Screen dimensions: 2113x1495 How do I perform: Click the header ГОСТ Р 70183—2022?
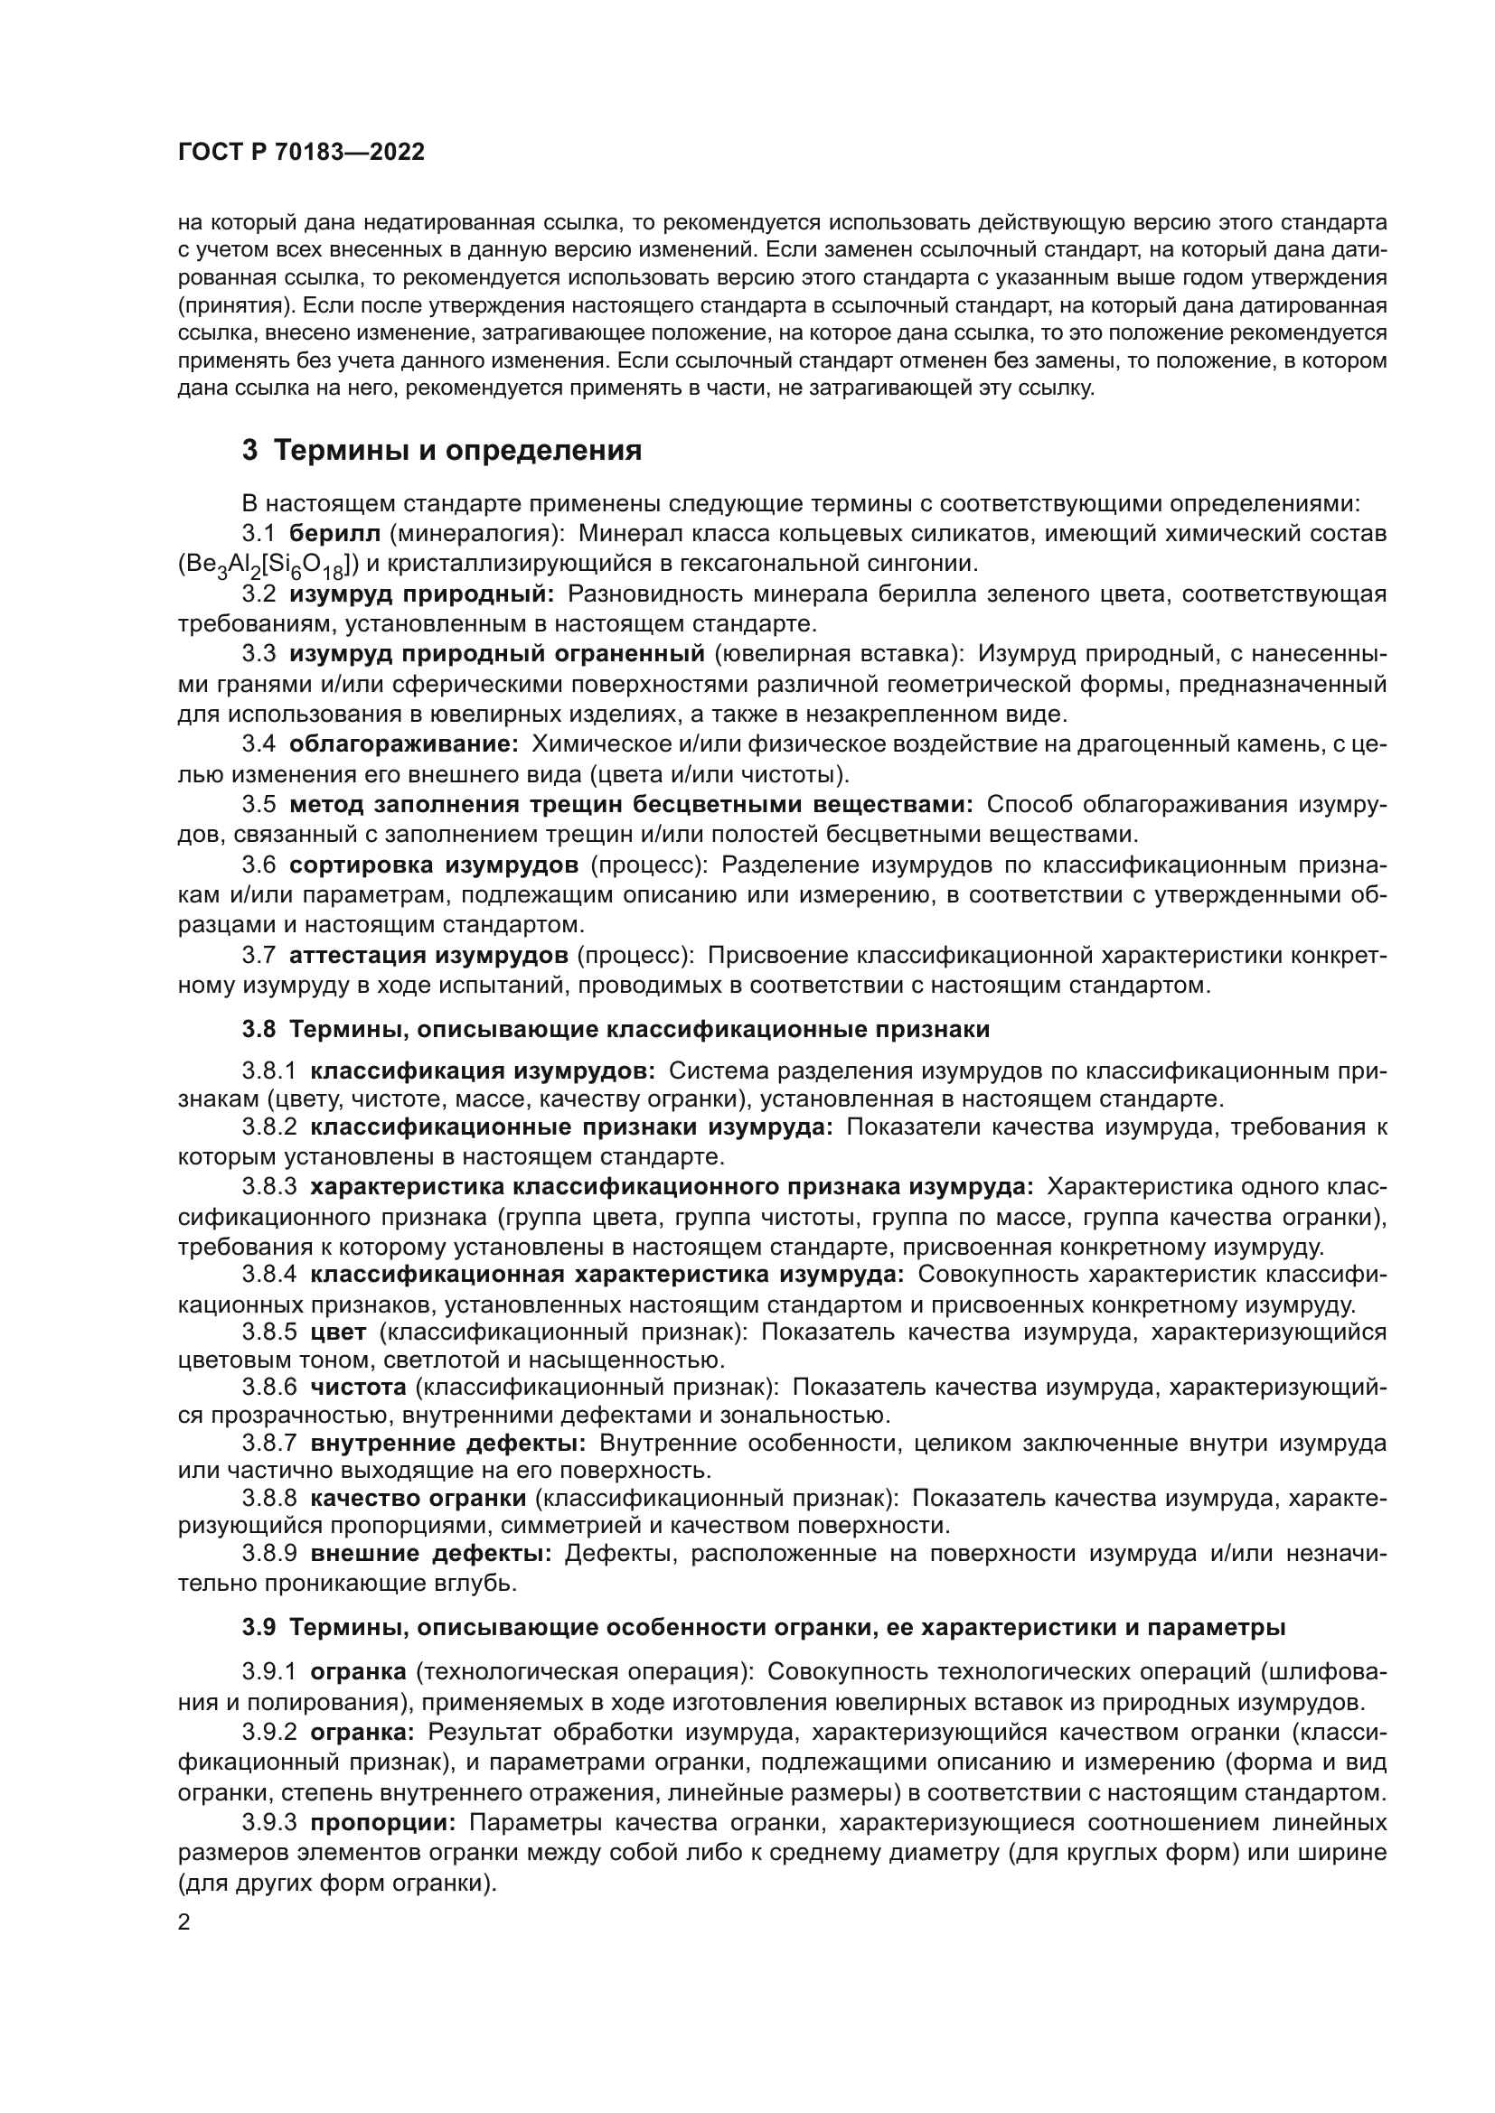point(301,153)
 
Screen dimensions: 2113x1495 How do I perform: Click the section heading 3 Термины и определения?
point(442,451)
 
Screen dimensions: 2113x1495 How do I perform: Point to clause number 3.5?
point(259,804)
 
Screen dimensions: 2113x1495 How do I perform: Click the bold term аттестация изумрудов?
point(428,955)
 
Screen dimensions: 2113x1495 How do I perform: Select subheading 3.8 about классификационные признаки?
point(616,1030)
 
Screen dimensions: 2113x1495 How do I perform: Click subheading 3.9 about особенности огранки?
point(763,1627)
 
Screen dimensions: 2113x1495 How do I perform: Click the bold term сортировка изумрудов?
point(434,865)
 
